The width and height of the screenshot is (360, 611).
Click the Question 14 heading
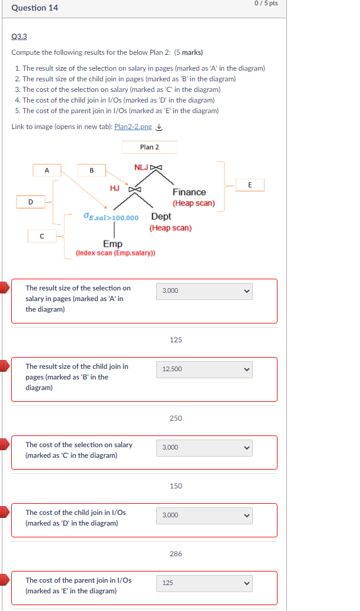point(35,8)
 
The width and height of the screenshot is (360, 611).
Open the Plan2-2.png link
point(133,127)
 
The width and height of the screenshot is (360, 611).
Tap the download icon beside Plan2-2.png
point(159,127)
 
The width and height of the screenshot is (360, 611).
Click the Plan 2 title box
point(150,147)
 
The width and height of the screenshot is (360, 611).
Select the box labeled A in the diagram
point(47,170)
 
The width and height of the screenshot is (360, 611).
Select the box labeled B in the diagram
point(91,170)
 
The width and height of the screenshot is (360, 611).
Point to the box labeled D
point(31,202)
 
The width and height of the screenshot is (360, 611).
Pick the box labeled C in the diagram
point(41,236)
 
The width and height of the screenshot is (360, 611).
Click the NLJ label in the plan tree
point(141,167)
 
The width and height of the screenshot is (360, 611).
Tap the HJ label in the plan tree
point(115,189)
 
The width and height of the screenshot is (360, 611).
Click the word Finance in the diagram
point(189,192)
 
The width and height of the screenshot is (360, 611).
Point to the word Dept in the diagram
point(161,216)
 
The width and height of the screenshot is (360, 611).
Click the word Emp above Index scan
point(113,243)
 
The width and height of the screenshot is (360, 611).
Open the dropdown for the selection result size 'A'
point(204,291)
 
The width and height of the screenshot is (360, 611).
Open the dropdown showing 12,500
point(204,369)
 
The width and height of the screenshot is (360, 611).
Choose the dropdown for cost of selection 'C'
point(204,448)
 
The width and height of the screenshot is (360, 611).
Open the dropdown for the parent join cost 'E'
point(204,583)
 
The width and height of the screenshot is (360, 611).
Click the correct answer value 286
point(176,554)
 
